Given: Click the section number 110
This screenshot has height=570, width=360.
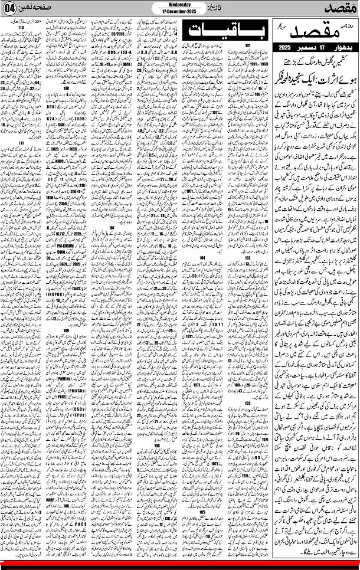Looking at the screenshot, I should point(22,28).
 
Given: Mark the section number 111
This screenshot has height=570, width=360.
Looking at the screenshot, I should point(22,142).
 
